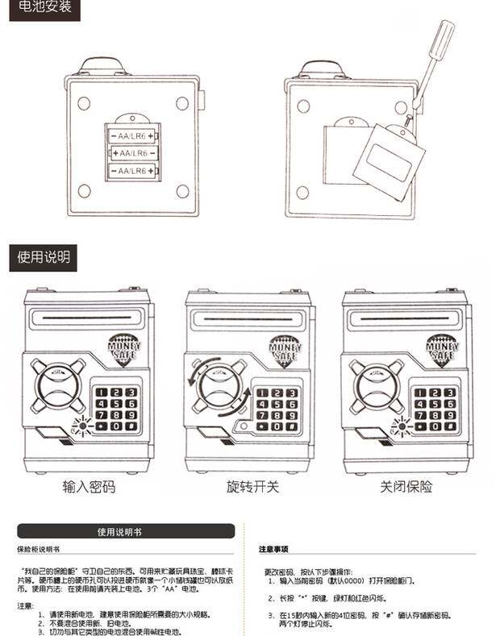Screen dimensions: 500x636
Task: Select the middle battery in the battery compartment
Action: point(132,153)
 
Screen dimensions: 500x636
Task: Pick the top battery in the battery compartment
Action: point(132,135)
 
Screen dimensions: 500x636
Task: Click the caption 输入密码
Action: point(89,488)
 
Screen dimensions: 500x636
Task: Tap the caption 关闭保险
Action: point(406,488)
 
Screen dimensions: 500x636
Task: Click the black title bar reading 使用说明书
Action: point(126,532)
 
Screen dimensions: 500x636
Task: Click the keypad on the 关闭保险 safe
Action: point(435,408)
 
